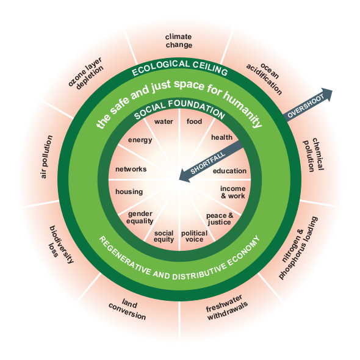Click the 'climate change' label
[179, 41]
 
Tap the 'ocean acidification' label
[264, 79]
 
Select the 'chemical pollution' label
[313, 154]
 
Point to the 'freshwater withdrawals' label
[226, 308]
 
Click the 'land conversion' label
[128, 309]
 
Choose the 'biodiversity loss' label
[60, 243]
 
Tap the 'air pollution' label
[46, 157]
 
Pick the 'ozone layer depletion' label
[86, 73]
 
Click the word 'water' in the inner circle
[164, 121]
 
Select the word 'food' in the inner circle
[194, 121]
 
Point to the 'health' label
[221, 137]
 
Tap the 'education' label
[229, 171]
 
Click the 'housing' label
[129, 192]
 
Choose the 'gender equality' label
[140, 217]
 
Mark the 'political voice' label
[194, 236]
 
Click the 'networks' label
[131, 169]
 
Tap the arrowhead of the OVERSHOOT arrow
[326, 94]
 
